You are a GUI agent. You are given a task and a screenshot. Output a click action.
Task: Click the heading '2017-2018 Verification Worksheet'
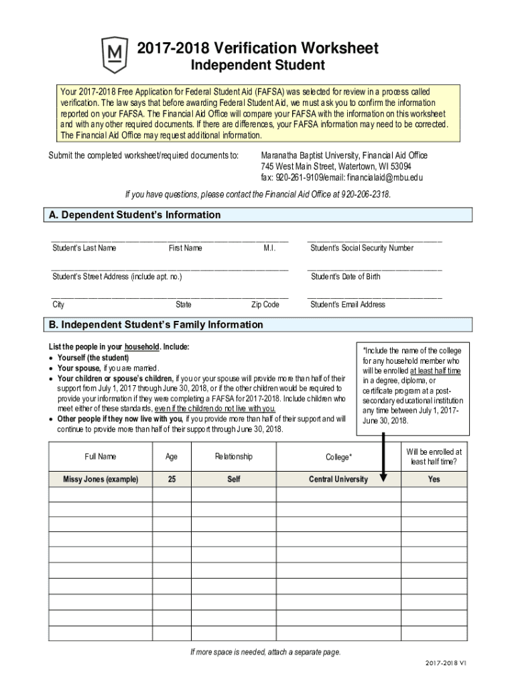258,48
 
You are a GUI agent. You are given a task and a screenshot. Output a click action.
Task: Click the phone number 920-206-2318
365,194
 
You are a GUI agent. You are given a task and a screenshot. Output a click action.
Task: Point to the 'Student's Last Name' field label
84,248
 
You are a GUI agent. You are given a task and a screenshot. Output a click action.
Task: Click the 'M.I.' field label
270,248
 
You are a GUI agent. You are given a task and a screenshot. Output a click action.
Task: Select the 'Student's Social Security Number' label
362,248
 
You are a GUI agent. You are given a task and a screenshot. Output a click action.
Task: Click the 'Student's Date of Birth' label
345,276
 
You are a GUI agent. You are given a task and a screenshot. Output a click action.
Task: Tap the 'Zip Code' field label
265,304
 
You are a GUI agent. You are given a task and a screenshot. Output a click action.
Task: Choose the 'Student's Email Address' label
348,304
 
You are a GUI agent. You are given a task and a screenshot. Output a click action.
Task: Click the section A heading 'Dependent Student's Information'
134,215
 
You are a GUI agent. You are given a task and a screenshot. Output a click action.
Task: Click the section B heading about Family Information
155,325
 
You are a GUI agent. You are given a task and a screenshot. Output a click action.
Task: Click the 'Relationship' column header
234,456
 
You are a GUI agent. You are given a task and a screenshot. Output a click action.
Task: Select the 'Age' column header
172,456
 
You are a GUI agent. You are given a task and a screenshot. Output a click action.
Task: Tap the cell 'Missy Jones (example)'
101,479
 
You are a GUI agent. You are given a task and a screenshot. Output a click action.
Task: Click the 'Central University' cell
338,479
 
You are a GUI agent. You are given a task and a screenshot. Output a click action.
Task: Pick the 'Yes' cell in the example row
434,479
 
